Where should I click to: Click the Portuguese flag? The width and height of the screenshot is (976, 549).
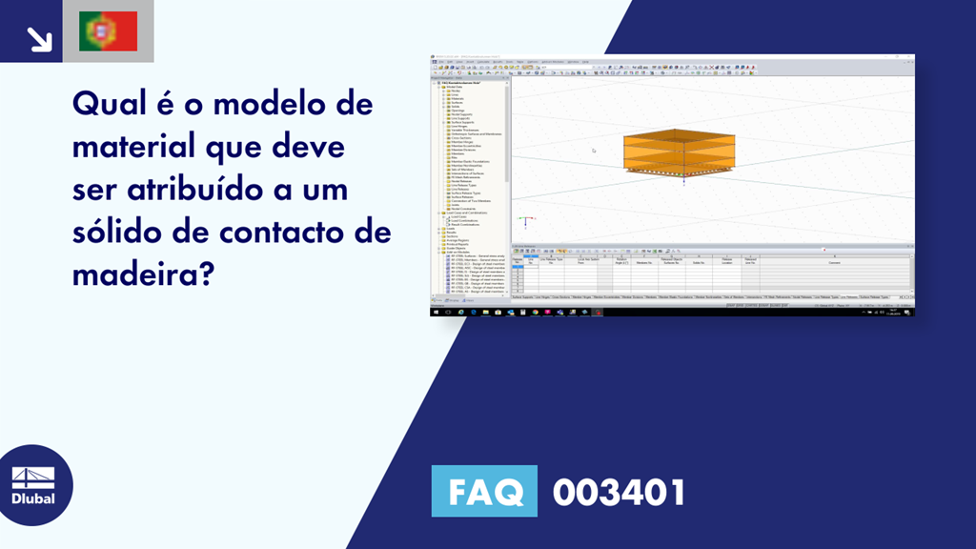(108, 31)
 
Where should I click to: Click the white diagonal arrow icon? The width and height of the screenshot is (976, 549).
(38, 37)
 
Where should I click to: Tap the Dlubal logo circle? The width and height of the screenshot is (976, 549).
(35, 485)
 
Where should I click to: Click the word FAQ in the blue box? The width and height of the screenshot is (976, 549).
(483, 492)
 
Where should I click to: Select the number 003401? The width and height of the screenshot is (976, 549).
(620, 492)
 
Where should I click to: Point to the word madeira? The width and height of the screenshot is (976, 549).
(142, 275)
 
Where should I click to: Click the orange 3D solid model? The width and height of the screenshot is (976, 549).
(681, 150)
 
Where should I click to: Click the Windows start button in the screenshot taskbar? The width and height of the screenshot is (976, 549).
(436, 312)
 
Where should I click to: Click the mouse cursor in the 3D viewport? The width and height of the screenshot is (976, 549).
(594, 151)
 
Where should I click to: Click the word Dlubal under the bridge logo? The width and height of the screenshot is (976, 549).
(35, 498)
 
